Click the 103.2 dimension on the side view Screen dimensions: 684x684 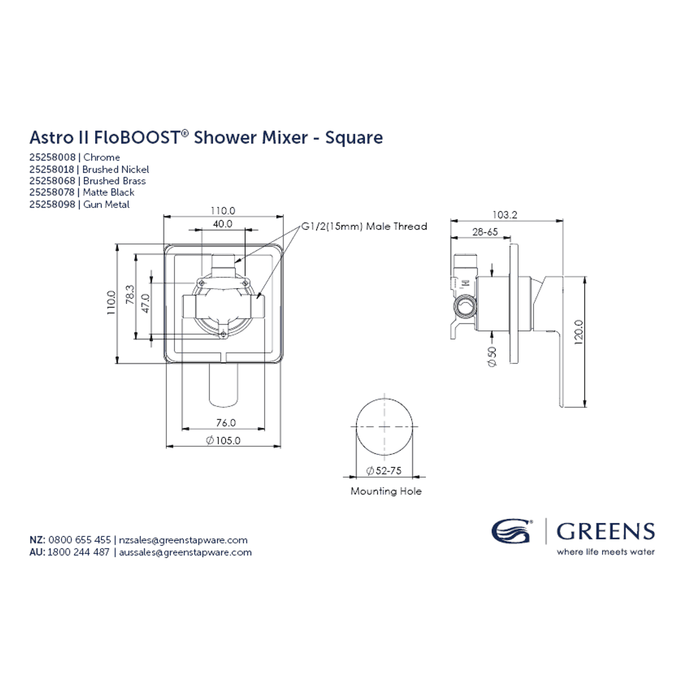pos(505,215)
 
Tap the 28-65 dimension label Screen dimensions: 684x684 pos(485,232)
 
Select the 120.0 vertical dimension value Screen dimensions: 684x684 pos(579,332)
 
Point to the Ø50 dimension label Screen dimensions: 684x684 pos(492,357)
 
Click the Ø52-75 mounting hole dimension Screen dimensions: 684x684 pos(384,471)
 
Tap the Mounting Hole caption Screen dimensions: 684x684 pos(386,491)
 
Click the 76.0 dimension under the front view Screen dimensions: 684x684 pos(226,422)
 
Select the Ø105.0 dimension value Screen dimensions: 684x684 pos(223,440)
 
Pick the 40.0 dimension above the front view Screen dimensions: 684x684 pos(222,224)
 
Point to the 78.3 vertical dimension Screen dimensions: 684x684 pos(130,295)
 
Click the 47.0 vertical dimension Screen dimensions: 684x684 pos(145,303)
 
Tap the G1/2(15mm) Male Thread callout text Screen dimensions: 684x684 pos(364,226)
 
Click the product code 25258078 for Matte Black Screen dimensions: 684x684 pos(52,192)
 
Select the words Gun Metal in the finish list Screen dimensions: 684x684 pos(107,204)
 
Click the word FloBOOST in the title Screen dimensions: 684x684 pos(137,137)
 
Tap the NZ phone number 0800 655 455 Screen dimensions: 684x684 pos(80,540)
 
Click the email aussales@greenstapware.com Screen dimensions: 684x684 pos(185,552)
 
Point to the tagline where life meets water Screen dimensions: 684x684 pos(606,552)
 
